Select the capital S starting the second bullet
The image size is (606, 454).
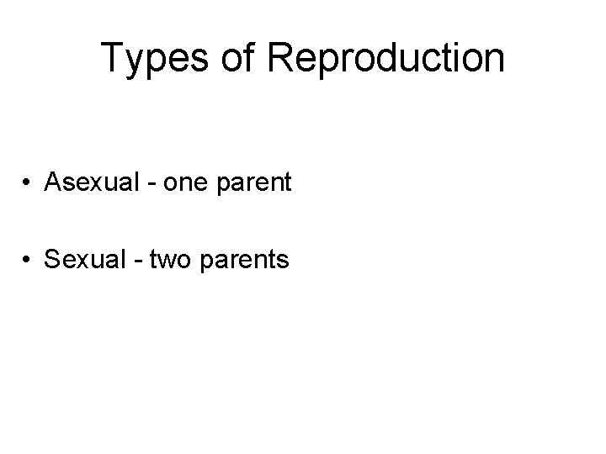tap(51, 260)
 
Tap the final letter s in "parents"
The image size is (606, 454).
tap(284, 262)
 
